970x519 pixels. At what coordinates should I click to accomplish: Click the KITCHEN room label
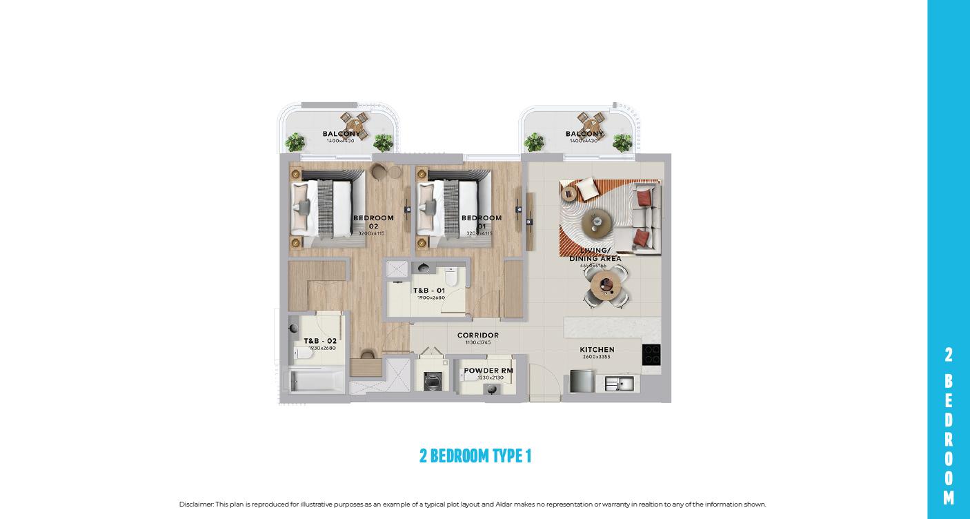(x=597, y=350)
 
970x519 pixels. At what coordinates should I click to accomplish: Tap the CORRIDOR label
(x=477, y=335)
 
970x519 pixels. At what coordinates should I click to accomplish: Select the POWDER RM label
(x=488, y=371)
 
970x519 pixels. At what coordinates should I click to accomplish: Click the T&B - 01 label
(x=429, y=291)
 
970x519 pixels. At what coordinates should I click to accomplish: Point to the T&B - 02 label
(x=320, y=341)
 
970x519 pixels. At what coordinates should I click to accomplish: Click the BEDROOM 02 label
(x=373, y=222)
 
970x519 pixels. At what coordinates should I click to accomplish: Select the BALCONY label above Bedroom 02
(x=341, y=134)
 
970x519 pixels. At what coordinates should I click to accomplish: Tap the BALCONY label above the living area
(x=584, y=134)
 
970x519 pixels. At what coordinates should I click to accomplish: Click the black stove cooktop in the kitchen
(x=651, y=355)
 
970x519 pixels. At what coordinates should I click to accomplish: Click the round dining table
(x=606, y=282)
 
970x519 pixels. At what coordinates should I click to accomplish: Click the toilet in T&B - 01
(x=451, y=278)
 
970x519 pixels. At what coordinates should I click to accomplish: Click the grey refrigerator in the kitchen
(x=582, y=381)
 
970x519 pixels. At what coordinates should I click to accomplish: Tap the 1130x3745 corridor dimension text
(x=477, y=342)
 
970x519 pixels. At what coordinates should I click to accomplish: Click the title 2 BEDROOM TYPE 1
(x=475, y=456)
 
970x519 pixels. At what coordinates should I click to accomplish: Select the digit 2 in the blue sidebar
(x=949, y=355)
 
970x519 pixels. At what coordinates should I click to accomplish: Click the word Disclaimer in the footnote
(x=196, y=505)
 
